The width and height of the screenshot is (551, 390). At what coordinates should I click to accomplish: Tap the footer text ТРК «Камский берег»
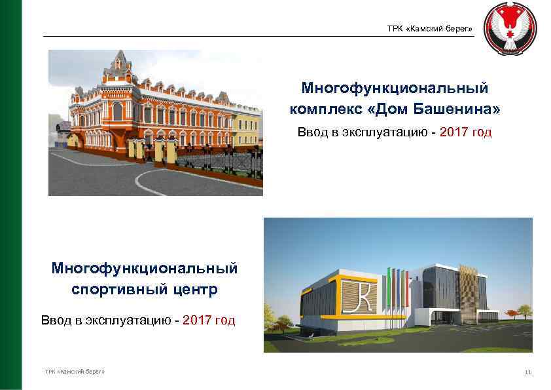coord(75,372)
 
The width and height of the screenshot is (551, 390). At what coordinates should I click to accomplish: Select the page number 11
coord(528,372)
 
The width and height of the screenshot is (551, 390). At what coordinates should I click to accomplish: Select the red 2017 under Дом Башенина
coord(454,132)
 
